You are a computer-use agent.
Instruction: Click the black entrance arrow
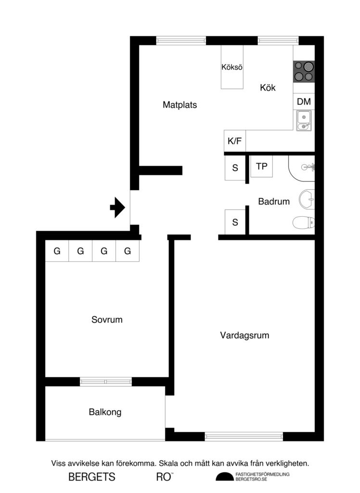(x=117, y=208)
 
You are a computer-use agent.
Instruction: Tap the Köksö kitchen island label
(x=232, y=67)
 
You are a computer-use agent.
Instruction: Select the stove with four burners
(x=304, y=71)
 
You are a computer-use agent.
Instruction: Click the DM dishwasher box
(x=304, y=102)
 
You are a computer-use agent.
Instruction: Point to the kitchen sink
(x=304, y=120)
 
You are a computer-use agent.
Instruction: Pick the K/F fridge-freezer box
(x=235, y=141)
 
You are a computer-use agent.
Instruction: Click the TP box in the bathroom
(x=261, y=167)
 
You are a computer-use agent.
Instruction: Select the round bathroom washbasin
(x=307, y=198)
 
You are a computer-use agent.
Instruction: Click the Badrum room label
(x=274, y=201)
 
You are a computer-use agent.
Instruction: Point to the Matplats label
(x=180, y=104)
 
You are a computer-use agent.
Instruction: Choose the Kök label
(x=268, y=88)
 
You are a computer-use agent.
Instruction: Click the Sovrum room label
(x=107, y=319)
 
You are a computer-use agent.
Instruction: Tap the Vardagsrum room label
(x=244, y=335)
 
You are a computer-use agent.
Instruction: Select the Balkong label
(x=105, y=412)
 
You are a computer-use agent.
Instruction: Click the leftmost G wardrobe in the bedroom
(x=57, y=251)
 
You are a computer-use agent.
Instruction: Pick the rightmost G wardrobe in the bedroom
(x=128, y=251)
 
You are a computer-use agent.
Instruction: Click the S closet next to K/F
(x=235, y=169)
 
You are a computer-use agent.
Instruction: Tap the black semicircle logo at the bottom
(x=223, y=477)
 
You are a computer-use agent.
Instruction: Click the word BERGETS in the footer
(x=92, y=477)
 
